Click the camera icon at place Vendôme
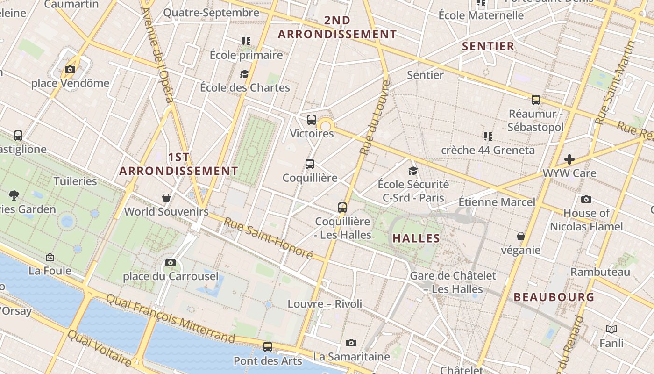point(70,70)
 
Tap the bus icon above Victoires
point(312,119)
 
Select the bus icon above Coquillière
point(310,164)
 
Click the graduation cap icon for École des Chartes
point(244,74)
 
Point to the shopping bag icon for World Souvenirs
point(166,198)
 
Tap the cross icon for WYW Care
point(569,159)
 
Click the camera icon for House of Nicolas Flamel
point(586,200)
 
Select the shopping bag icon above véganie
point(521,236)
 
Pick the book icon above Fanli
point(611,330)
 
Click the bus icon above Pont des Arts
point(268,347)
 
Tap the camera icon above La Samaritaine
point(351,343)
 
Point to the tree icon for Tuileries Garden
point(14,195)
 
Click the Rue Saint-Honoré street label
point(268,238)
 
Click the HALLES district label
point(416,238)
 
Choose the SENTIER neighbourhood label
point(488,46)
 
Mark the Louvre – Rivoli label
point(325,304)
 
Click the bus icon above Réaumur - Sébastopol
point(536,100)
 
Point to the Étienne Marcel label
point(497,202)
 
